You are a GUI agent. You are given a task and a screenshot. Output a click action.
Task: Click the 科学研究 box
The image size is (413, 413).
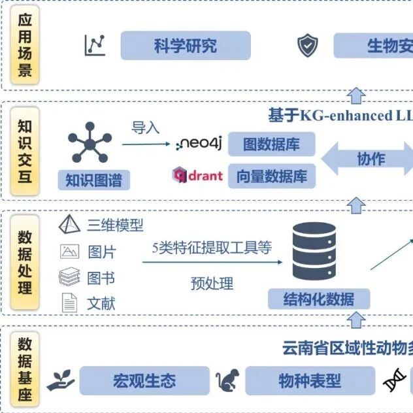(x=186, y=46)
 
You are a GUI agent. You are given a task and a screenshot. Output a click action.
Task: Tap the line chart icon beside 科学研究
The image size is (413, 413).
(x=95, y=44)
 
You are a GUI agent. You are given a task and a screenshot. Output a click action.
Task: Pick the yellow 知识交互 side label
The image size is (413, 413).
(x=25, y=151)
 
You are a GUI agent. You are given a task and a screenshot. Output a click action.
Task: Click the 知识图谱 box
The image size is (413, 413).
(x=93, y=180)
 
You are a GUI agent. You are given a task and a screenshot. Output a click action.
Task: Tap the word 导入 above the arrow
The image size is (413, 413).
(x=145, y=127)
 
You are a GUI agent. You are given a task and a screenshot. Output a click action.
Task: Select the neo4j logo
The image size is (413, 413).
(x=200, y=144)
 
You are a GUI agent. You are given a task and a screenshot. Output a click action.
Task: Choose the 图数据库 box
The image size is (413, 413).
(x=271, y=144)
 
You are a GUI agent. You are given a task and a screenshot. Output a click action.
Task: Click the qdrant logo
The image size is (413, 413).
(x=197, y=175)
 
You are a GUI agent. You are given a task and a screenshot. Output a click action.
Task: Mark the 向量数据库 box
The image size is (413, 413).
(x=271, y=176)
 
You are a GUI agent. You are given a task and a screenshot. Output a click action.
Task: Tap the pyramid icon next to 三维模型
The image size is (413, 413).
(x=69, y=225)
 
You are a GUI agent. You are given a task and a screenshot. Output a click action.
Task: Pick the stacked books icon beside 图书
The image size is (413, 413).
(x=69, y=278)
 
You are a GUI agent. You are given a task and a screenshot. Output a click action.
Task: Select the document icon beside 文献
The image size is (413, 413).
(x=69, y=303)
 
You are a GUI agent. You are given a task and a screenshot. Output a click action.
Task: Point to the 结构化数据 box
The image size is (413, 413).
(x=318, y=300)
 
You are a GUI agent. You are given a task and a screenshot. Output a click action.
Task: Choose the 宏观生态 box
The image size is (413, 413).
(x=144, y=380)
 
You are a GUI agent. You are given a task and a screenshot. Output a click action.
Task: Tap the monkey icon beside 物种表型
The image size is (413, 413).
(x=228, y=380)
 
